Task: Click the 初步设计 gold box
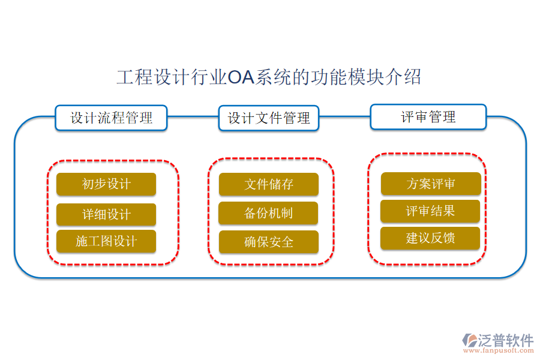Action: (x=106, y=184)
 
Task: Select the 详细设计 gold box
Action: (x=106, y=214)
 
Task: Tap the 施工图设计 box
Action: (x=106, y=241)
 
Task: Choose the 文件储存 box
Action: (x=268, y=184)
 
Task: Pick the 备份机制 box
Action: (x=268, y=213)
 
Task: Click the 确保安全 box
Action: (x=268, y=242)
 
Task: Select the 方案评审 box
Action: (x=431, y=184)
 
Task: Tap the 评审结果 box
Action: (x=430, y=211)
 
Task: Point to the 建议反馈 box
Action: (x=430, y=238)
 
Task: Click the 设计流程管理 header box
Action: (x=111, y=118)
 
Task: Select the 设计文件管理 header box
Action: (x=269, y=118)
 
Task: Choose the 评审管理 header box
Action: (x=428, y=117)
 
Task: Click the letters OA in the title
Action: (x=241, y=77)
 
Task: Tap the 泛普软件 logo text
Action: (x=505, y=340)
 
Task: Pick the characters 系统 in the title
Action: (x=273, y=77)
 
